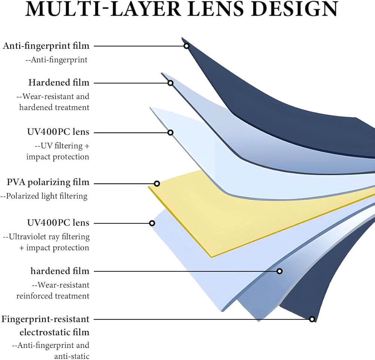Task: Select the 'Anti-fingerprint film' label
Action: pyautogui.click(x=46, y=46)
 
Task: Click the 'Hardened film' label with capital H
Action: pyautogui.click(x=59, y=82)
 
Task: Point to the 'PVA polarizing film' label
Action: pyautogui.click(x=48, y=182)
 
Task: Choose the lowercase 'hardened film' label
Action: pyautogui.click(x=60, y=271)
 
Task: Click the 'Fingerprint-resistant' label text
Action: pyautogui.click(x=46, y=319)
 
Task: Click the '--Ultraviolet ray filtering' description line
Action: pyautogui.click(x=46, y=236)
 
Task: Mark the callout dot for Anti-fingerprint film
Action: pyautogui.click(x=186, y=46)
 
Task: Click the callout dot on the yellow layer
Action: pyautogui.click(x=157, y=184)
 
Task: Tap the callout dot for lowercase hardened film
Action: pyautogui.click(x=279, y=271)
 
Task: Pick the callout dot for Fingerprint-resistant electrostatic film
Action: pyautogui.click(x=312, y=319)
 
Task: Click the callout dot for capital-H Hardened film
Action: pyautogui.click(x=170, y=83)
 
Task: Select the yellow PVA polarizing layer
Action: pyautogui.click(x=210, y=218)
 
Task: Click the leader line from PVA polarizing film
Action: pyautogui.click(x=124, y=184)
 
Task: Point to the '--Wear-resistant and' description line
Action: pyautogui.click(x=53, y=96)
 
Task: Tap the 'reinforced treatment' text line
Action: pyautogui.click(x=53, y=296)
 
